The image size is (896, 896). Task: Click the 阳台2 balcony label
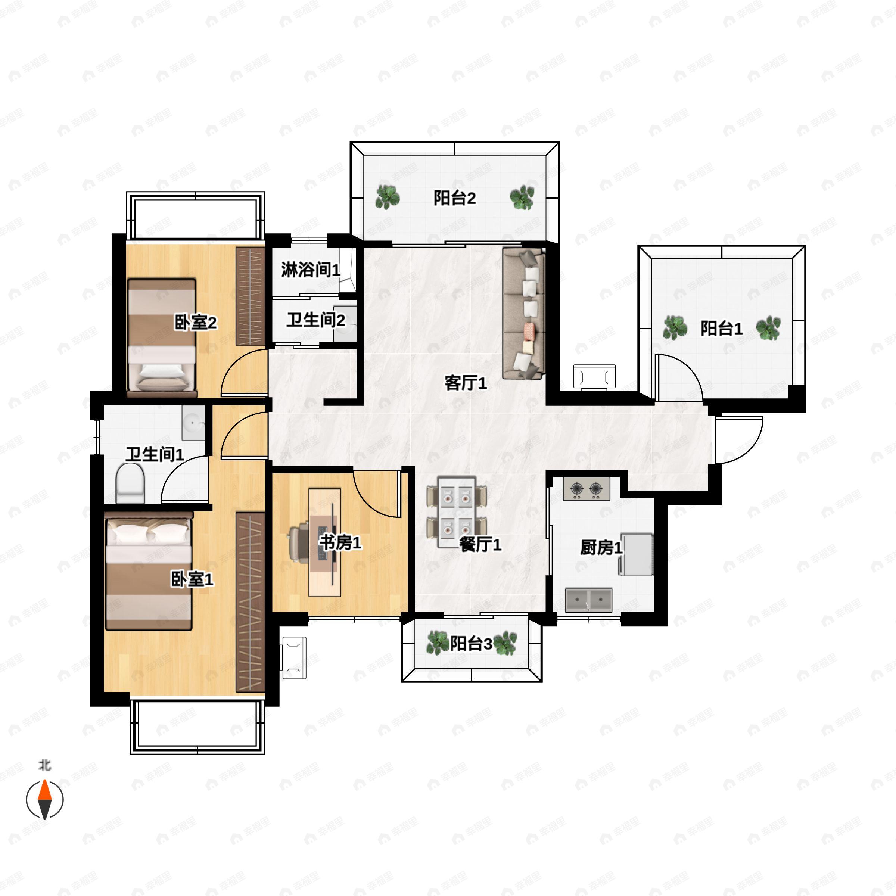coord(454,199)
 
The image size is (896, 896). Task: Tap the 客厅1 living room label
coord(466,383)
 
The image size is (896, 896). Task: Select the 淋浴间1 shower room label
coord(310,270)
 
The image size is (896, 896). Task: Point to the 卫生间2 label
coord(315,320)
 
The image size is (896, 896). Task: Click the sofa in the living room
coord(523,314)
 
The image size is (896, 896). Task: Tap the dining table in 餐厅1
coord(456,511)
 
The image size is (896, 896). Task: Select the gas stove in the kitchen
coord(586,489)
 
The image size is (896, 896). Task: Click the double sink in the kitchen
coord(588,600)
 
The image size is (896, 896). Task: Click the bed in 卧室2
coord(161,337)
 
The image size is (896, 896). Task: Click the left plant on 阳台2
coord(387,197)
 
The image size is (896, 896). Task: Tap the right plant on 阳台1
coord(768,328)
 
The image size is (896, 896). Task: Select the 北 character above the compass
coord(44,765)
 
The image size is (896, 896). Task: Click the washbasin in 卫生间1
coord(193,423)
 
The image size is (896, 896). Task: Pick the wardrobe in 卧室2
coord(250,296)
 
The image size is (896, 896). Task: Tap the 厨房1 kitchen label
coord(601,548)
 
